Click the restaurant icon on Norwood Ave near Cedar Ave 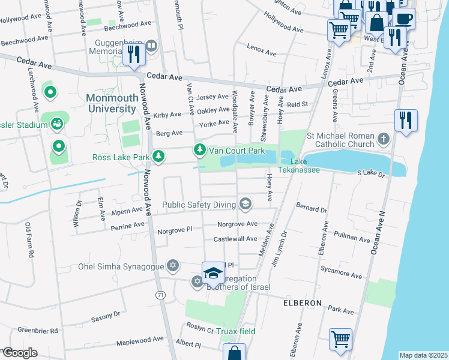(x=133, y=55)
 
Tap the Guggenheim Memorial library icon (x=152, y=44)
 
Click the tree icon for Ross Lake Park (x=158, y=157)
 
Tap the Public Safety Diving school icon (x=245, y=205)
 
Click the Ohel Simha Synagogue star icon (x=173, y=266)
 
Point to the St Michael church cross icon (x=384, y=140)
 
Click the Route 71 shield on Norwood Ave (x=160, y=295)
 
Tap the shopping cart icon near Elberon (x=340, y=338)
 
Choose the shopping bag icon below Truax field (x=235, y=353)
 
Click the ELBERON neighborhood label (x=303, y=303)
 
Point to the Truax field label (x=237, y=331)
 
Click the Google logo (x=20, y=353)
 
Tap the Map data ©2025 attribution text (x=423, y=355)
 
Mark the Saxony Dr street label (x=106, y=316)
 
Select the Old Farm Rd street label (x=28, y=241)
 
